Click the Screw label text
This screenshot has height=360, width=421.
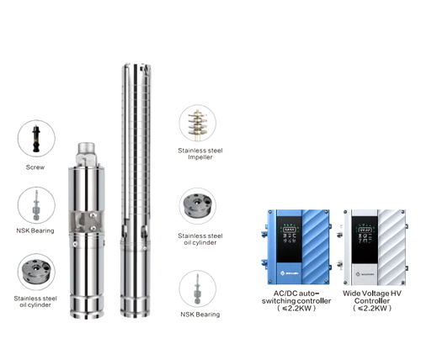tap(36, 167)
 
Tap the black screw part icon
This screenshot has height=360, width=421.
tap(36, 138)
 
